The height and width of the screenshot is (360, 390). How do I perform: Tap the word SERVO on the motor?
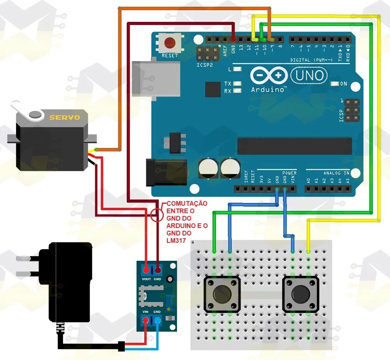(x=64, y=117)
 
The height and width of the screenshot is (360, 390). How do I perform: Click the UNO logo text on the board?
(x=308, y=75)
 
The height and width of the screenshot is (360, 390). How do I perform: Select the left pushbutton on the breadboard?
(x=222, y=294)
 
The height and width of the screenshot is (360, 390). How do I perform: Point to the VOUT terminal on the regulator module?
(x=146, y=271)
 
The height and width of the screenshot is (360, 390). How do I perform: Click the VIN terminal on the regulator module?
(x=146, y=321)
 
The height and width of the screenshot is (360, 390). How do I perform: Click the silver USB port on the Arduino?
(x=156, y=78)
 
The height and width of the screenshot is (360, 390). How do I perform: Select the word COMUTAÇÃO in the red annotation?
(x=187, y=204)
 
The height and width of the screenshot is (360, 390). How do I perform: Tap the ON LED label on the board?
(x=343, y=84)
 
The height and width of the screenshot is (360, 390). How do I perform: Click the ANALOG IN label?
(x=336, y=173)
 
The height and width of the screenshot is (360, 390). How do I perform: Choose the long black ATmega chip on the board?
(x=294, y=146)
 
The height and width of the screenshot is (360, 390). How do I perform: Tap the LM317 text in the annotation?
(x=176, y=241)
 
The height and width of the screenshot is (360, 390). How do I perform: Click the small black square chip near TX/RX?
(x=213, y=89)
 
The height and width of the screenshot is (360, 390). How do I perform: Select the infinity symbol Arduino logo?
(x=269, y=75)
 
